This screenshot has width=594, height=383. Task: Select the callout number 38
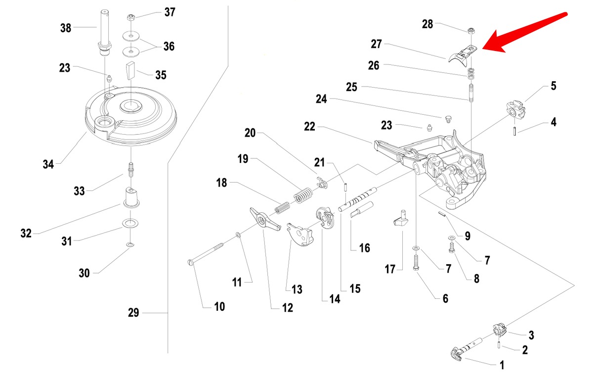tap(66, 28)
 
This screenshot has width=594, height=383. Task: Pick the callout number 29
tap(133, 313)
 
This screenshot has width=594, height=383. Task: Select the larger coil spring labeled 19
tap(302, 194)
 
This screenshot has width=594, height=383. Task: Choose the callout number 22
tap(309, 127)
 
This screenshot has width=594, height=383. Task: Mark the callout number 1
tap(502, 366)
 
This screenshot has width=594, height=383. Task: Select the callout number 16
tap(364, 247)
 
